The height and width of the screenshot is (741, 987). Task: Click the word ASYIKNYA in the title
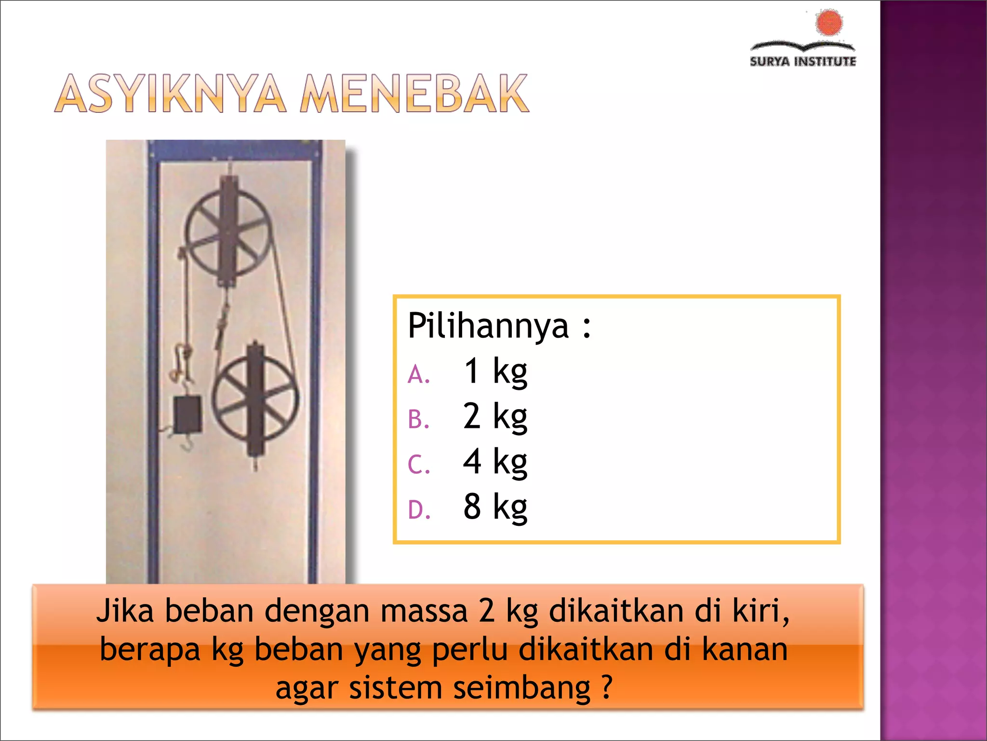coord(171,94)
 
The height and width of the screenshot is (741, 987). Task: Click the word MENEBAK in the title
coord(414,94)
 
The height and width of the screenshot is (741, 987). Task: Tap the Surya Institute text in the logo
coord(803,62)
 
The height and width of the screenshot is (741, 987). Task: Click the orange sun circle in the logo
coord(829,23)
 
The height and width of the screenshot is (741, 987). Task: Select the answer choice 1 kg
coord(495,371)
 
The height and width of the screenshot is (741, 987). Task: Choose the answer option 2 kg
coord(495,416)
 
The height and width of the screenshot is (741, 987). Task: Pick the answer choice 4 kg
coord(495,462)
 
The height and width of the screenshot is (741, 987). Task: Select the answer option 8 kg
coord(495,507)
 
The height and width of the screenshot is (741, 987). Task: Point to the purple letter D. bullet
coord(419,510)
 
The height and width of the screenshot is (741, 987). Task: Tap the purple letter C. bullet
coord(418,465)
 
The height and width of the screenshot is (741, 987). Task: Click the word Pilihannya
coord(488,327)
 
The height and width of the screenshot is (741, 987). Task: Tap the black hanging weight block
coord(187,414)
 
